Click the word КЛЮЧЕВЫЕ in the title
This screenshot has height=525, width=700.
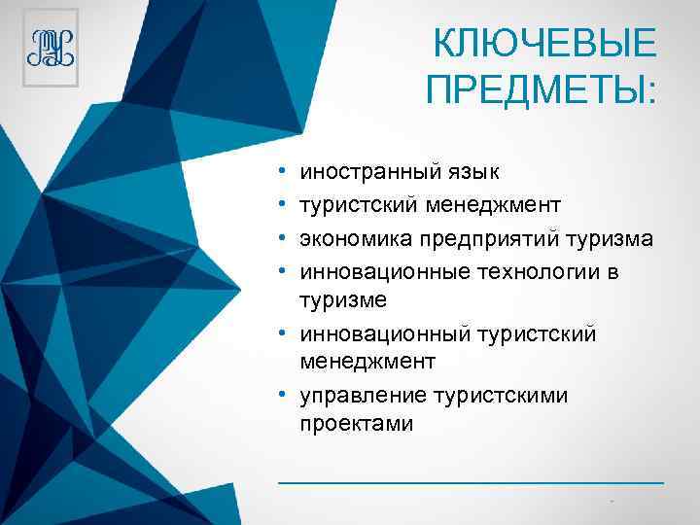pyautogui.click(x=544, y=44)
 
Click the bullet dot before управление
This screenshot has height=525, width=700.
pyautogui.click(x=281, y=396)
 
